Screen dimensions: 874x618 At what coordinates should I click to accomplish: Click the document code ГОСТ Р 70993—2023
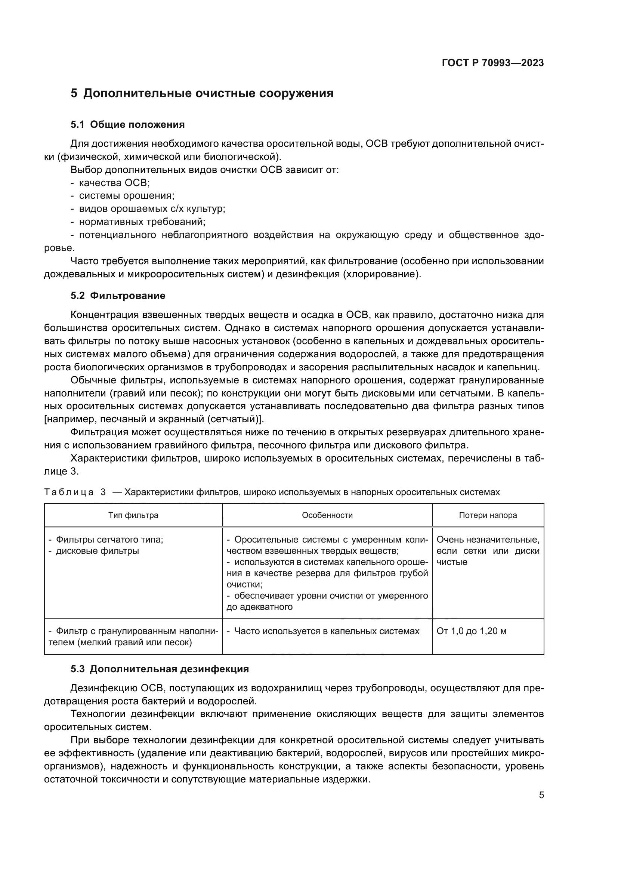coord(492,63)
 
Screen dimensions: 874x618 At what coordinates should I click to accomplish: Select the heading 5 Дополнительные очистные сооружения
coord(202,93)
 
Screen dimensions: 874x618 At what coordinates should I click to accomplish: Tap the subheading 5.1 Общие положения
coord(127,124)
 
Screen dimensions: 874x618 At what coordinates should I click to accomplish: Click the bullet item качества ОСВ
coord(114,183)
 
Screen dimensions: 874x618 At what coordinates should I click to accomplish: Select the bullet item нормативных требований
coord(142,222)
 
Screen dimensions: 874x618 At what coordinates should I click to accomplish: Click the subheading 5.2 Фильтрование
coord(118,296)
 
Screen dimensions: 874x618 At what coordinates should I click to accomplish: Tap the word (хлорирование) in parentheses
coord(382,274)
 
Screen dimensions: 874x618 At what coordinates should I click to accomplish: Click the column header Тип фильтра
coord(133,515)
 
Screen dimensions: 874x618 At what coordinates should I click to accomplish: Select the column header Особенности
coord(327,515)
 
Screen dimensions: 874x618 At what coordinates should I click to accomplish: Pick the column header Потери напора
coord(488,515)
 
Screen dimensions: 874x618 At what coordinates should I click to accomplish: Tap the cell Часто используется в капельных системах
coord(326,631)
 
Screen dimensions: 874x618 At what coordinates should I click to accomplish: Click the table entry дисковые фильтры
coord(97,551)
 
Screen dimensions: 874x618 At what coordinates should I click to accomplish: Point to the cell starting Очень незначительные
coord(488,540)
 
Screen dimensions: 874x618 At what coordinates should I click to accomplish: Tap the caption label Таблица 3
coord(75,492)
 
